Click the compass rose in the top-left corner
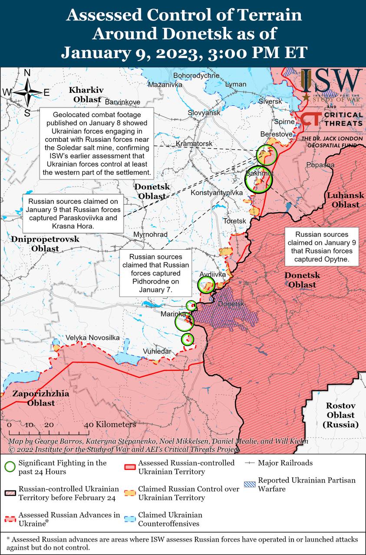click(x=27, y=92)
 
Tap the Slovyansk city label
click(x=204, y=113)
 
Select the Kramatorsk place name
click(x=194, y=143)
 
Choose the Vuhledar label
click(x=157, y=351)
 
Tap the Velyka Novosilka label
click(x=92, y=338)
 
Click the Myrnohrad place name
click(x=151, y=235)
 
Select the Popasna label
click(x=320, y=165)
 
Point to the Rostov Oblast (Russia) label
click(x=341, y=415)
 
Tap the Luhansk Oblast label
click(x=343, y=200)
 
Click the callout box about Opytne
click(x=322, y=247)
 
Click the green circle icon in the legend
click(x=10, y=467)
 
